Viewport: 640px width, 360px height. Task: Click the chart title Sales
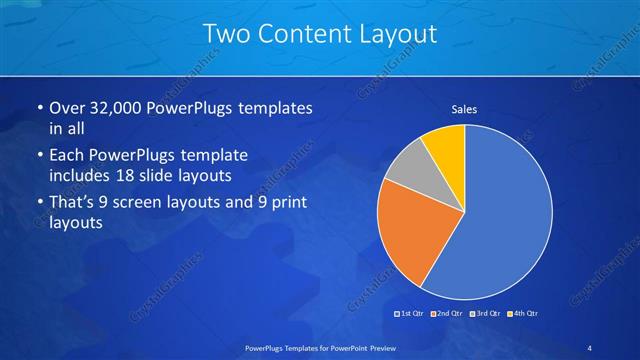coord(464,109)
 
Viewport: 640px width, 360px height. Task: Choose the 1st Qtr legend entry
coord(409,314)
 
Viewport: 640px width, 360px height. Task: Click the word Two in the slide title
coord(226,33)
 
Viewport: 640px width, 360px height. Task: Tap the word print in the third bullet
coord(285,203)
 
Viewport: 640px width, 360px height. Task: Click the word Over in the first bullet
coord(67,108)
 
